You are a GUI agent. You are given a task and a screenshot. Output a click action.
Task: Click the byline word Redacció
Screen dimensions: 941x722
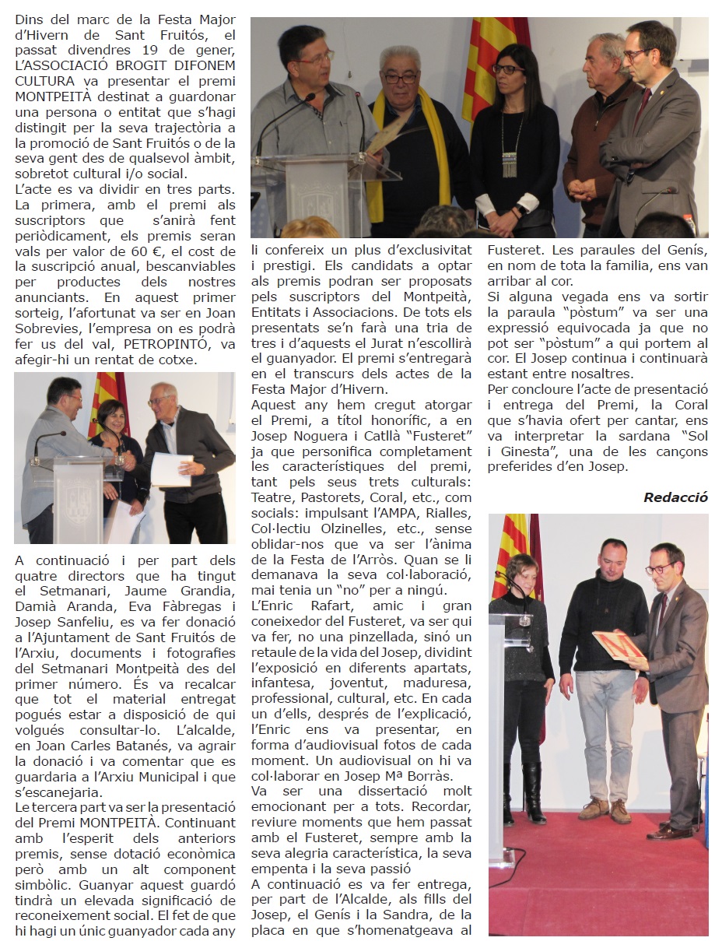click(675, 497)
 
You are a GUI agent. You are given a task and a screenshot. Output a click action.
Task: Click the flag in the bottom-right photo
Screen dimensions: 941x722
click(513, 545)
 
